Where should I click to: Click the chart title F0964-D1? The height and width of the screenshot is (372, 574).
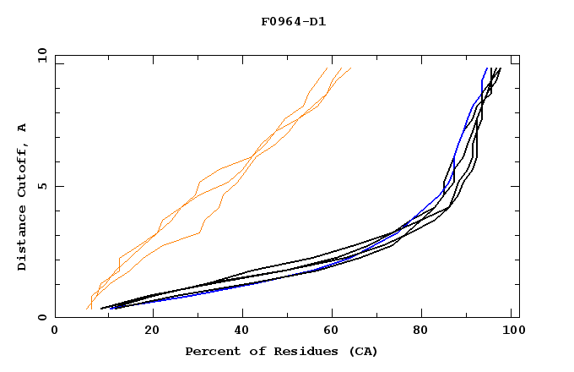(293, 21)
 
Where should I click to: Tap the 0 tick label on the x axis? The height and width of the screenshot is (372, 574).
(55, 331)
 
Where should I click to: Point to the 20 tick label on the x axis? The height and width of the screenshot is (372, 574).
(151, 331)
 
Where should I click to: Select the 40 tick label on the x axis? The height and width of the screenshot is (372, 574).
(243, 331)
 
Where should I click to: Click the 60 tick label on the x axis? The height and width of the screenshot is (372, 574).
(335, 331)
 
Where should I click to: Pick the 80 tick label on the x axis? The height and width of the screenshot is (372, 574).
(427, 331)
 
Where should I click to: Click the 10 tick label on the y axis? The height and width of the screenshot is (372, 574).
(41, 56)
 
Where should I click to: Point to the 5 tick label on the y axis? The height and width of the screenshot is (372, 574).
(45, 186)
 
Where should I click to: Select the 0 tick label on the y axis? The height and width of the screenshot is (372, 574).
(45, 317)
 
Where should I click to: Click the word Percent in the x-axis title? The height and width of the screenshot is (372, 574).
(209, 351)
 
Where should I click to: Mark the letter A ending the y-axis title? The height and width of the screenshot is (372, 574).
(22, 128)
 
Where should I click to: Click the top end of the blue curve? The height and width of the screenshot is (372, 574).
(486, 68)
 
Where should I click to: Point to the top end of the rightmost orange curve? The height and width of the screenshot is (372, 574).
(350, 68)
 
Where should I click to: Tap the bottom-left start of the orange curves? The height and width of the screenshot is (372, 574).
(88, 309)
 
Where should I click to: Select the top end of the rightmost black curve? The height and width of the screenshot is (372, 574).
(501, 68)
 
